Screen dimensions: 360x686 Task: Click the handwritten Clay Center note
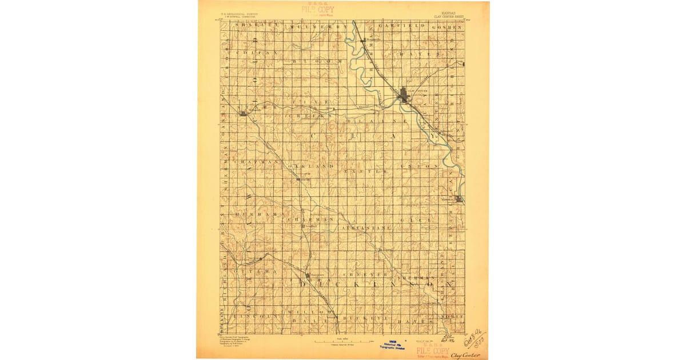[x=465, y=355]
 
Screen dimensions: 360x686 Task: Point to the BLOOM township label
[x=318, y=61]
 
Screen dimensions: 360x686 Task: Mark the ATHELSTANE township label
[x=366, y=227]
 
